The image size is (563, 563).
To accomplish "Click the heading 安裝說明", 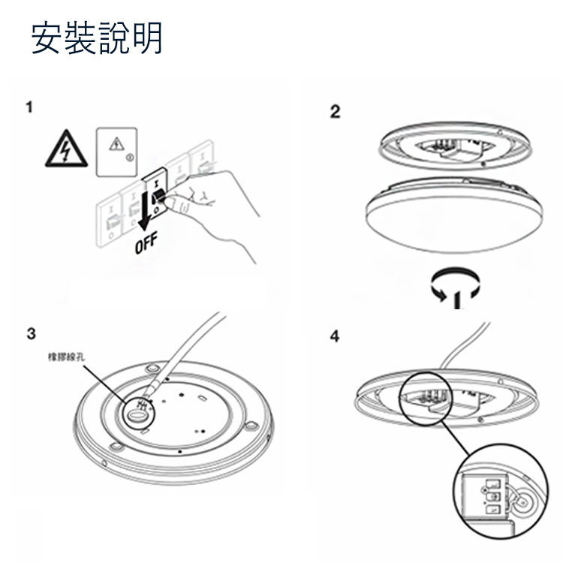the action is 97,38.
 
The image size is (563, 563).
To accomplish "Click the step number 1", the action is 29,107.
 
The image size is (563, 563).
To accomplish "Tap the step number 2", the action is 335,113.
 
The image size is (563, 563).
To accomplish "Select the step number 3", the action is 31,333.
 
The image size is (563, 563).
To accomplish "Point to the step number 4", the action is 335,336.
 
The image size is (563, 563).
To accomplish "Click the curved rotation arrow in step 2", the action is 455,285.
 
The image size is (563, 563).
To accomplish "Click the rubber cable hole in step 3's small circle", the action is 140,411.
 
